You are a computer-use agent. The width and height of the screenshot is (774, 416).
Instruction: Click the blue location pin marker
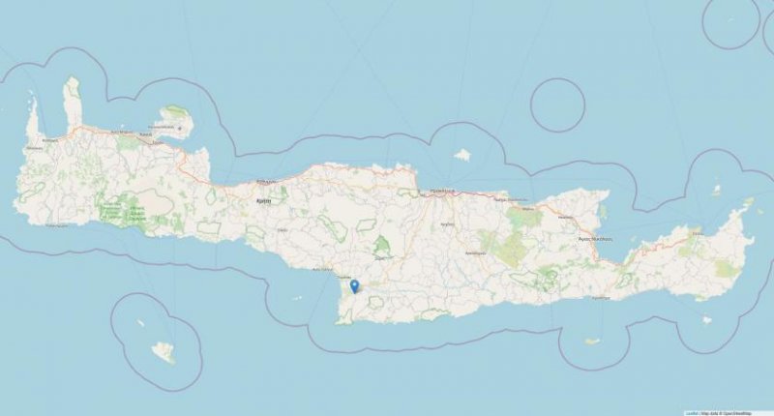(355, 286)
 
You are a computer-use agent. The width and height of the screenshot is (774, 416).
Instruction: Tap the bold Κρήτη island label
(262, 200)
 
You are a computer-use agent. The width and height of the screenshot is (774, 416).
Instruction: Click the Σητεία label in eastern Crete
(695, 233)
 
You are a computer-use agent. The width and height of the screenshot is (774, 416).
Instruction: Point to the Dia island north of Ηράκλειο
(462, 154)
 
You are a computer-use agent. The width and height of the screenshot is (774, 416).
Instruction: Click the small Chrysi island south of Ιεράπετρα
(592, 341)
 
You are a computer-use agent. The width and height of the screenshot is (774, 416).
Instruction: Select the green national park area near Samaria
(127, 208)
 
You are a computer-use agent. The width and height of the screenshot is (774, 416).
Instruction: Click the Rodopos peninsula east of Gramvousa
(72, 102)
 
